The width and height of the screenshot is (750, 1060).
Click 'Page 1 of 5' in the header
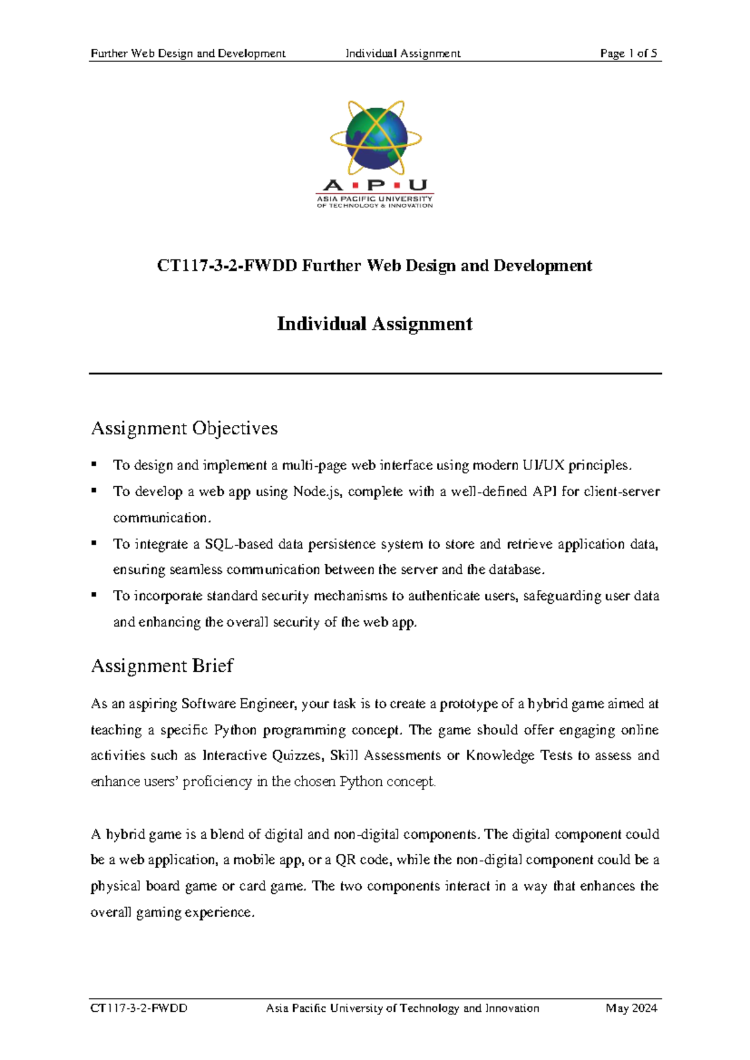(x=628, y=53)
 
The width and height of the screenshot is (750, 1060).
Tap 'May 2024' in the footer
(x=631, y=1008)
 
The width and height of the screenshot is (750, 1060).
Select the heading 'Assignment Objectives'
(x=184, y=428)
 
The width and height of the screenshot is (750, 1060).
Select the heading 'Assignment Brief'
(x=162, y=666)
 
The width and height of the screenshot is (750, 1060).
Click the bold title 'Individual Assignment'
(x=374, y=324)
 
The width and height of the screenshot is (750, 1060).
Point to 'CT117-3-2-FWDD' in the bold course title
(x=227, y=266)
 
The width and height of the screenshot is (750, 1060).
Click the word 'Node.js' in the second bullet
(x=317, y=492)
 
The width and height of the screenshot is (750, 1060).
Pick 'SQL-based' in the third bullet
(x=239, y=544)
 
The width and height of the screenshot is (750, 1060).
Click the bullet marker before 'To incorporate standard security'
(x=94, y=595)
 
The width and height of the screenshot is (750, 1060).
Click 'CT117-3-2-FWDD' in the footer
(x=139, y=1008)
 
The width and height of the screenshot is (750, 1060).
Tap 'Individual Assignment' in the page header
(x=403, y=53)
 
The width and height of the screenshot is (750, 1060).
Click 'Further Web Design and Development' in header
(x=188, y=53)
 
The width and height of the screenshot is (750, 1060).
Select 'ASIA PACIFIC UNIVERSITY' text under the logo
(x=374, y=198)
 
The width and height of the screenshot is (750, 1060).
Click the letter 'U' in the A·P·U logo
(x=418, y=185)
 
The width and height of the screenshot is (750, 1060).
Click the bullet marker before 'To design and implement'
(x=94, y=464)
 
